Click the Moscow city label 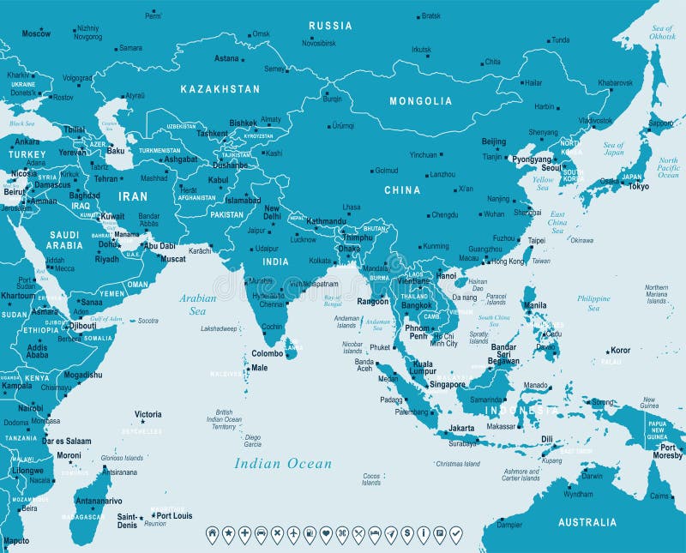click(x=36, y=33)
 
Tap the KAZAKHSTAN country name click(x=220, y=88)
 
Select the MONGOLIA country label click(x=420, y=101)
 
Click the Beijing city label click(x=493, y=141)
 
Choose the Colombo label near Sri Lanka click(x=268, y=352)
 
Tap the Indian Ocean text click(x=283, y=464)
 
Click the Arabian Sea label click(x=197, y=304)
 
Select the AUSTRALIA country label click(x=587, y=522)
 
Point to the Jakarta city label click(x=461, y=427)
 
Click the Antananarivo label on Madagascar click(x=99, y=501)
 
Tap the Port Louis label click(x=173, y=516)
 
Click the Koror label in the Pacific click(x=620, y=350)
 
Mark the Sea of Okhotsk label click(x=662, y=33)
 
